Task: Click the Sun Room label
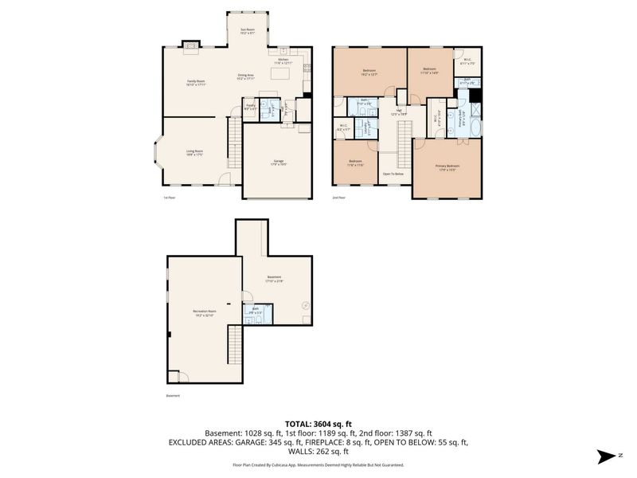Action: [x=248, y=31]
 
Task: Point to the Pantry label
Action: [x=249, y=106]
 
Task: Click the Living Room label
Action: [x=194, y=152]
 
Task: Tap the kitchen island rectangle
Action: [x=279, y=73]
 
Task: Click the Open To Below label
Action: [x=393, y=174]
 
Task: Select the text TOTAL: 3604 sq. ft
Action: [x=318, y=424]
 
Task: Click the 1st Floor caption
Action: [x=168, y=197]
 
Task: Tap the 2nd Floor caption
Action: [x=338, y=197]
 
